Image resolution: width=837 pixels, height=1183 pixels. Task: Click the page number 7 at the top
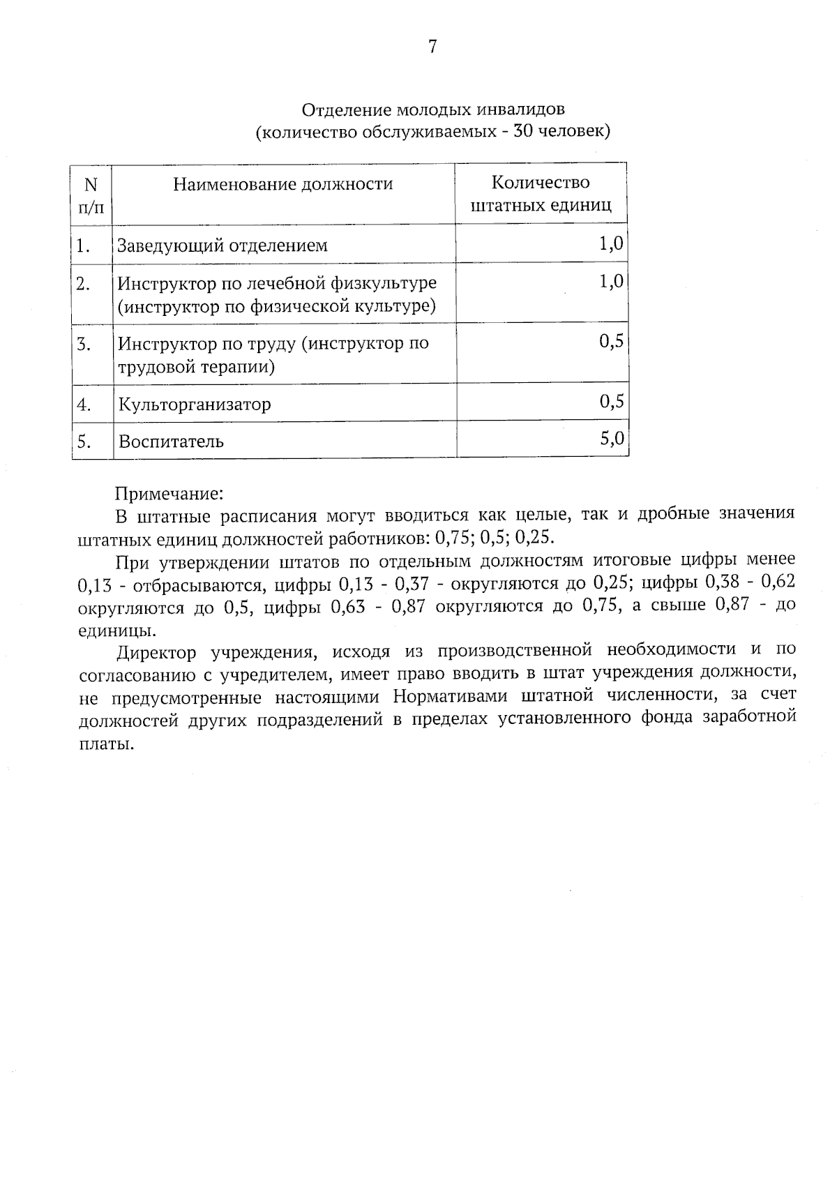(432, 47)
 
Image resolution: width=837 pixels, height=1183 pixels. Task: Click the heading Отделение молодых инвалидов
(432, 110)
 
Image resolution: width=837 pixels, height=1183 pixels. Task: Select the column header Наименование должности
(282, 184)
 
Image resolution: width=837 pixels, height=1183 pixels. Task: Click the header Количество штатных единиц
(541, 193)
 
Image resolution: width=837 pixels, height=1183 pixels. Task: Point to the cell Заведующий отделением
(222, 246)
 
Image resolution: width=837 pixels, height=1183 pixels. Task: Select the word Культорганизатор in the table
(195, 405)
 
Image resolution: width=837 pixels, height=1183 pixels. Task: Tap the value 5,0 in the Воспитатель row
(611, 438)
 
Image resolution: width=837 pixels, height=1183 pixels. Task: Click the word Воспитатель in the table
(171, 442)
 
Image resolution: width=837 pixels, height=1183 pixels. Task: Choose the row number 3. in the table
(84, 344)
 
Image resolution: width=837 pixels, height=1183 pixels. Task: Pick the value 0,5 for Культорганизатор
(611, 401)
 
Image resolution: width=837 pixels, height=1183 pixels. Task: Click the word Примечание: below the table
(168, 494)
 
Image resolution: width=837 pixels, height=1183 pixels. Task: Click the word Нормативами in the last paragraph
(444, 697)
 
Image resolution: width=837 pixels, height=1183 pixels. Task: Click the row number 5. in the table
(84, 442)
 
